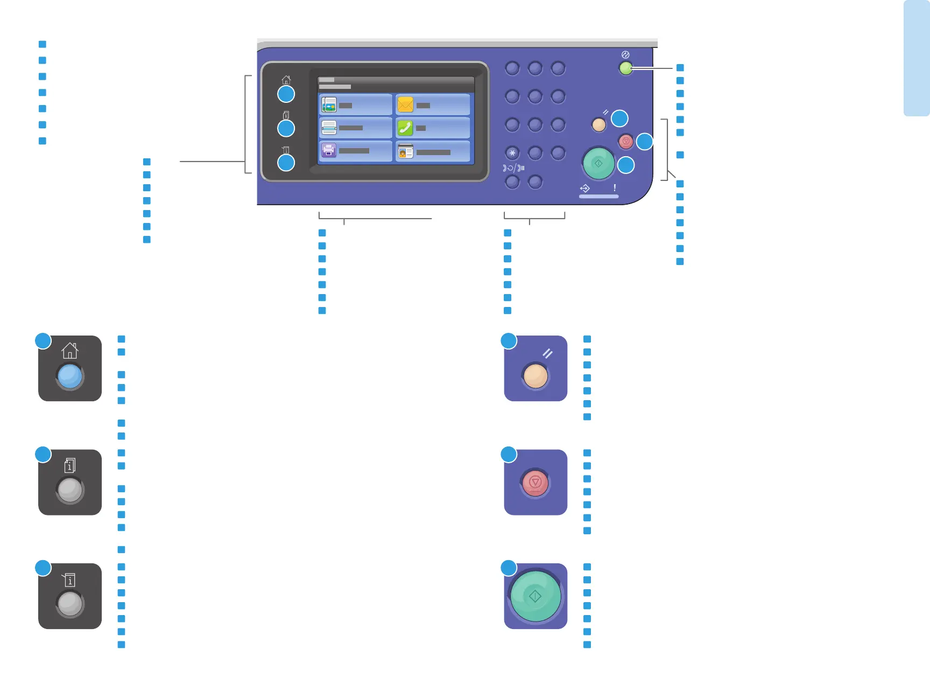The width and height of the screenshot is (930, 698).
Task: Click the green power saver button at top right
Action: (625, 68)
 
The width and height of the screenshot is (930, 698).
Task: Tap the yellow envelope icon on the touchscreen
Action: (405, 104)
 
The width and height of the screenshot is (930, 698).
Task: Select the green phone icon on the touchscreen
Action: (405, 128)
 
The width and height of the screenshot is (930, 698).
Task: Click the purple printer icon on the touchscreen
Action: (328, 150)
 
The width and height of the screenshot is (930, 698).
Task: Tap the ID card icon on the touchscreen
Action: (405, 152)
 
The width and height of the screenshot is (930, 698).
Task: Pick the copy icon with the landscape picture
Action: (328, 104)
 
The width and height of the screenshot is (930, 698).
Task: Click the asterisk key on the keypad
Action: (512, 153)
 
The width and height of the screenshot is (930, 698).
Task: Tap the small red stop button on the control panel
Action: (626, 141)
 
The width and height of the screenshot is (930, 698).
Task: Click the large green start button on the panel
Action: (598, 163)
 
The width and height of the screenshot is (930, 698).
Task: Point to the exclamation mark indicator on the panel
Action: (615, 188)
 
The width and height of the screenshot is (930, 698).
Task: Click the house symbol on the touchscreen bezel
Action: (286, 80)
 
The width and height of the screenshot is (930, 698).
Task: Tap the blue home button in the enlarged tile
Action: (70, 376)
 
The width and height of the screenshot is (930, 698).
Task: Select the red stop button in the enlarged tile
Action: (535, 482)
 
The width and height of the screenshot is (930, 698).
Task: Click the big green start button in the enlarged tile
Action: (535, 596)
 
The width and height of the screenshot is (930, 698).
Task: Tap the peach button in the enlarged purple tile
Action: (535, 376)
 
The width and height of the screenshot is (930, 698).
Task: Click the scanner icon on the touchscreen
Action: (328, 128)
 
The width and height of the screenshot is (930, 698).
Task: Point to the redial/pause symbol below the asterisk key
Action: (513, 168)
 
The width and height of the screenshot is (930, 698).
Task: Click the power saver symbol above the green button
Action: (625, 55)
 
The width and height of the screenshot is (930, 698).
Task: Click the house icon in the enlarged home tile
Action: (70, 351)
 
